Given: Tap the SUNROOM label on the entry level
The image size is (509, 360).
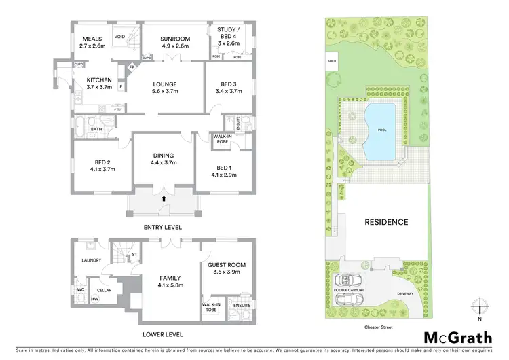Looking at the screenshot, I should (x=174, y=39).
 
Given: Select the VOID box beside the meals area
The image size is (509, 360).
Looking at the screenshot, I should (x=119, y=37).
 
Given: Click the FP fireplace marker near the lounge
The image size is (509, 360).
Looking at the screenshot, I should (x=132, y=68).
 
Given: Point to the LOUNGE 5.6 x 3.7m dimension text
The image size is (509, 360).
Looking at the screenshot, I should (x=164, y=91).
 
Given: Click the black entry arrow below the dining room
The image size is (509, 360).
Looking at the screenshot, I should (x=164, y=198).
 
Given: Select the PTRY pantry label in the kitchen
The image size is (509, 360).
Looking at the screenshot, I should (x=118, y=109).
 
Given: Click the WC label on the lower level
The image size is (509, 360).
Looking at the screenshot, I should (x=79, y=290).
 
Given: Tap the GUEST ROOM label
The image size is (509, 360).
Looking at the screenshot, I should (x=227, y=264).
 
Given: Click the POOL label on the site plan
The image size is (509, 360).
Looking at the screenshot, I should (x=382, y=130).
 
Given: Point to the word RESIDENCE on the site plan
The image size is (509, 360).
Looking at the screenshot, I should (x=386, y=222).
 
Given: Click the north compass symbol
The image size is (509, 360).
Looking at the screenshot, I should (x=479, y=306).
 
